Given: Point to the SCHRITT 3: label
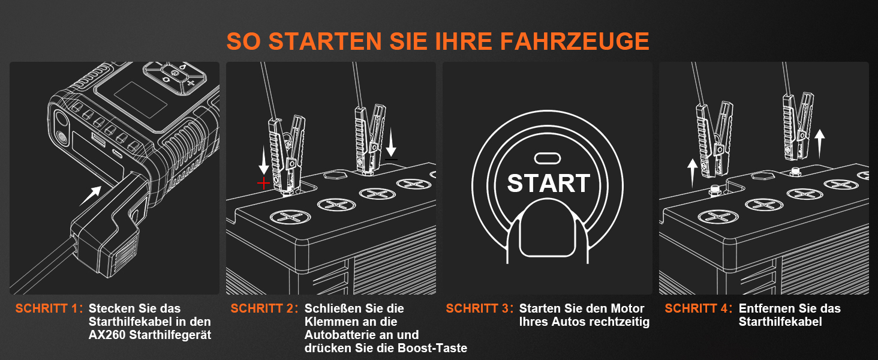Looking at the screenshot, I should [x=480, y=309].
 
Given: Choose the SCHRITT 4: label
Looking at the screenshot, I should [x=699, y=309].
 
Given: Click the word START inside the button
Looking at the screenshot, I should [x=549, y=183].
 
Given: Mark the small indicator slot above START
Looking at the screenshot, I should [x=548, y=158].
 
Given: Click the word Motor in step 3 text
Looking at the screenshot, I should [x=627, y=309].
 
